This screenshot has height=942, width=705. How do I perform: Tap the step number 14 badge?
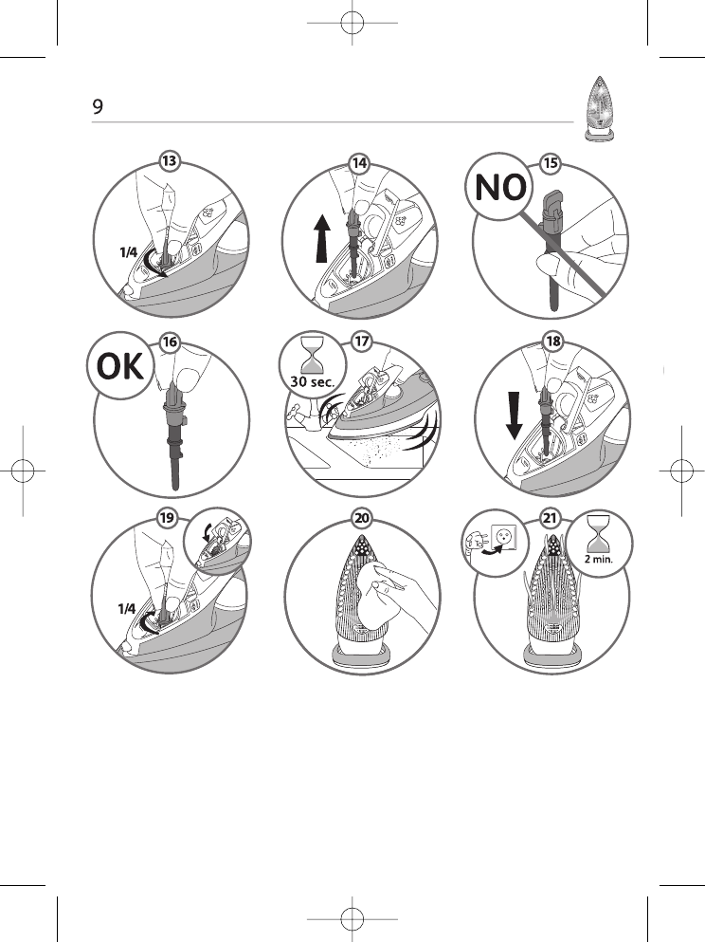click(x=359, y=162)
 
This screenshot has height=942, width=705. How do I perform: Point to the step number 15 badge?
click(x=551, y=162)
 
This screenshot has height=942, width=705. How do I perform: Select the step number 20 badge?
click(x=360, y=519)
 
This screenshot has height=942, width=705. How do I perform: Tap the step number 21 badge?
click(x=551, y=519)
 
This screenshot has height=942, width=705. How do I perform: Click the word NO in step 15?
click(x=501, y=189)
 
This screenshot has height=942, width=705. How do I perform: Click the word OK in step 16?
click(x=117, y=365)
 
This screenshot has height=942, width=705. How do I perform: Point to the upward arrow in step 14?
click(x=322, y=238)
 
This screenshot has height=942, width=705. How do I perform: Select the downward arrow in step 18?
click(x=513, y=415)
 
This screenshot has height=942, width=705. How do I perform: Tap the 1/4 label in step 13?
click(x=128, y=252)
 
